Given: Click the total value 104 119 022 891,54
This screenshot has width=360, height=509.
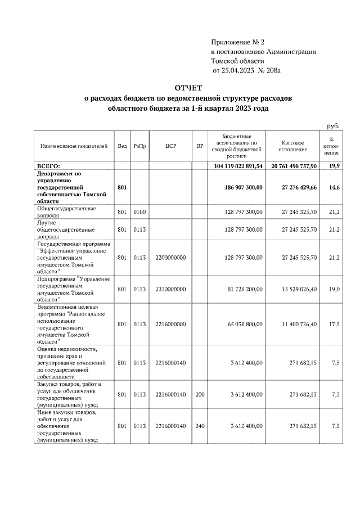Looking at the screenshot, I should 238,166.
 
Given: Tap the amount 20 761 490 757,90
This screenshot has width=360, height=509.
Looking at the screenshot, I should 294,166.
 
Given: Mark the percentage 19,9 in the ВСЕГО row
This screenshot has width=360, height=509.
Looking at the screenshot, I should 334,166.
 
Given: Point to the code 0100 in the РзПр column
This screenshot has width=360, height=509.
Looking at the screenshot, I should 140,212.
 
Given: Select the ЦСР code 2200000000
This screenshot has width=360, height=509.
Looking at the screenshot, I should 171,258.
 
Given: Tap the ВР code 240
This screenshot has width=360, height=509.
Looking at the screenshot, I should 200,426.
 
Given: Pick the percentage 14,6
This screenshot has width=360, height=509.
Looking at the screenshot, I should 334,187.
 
